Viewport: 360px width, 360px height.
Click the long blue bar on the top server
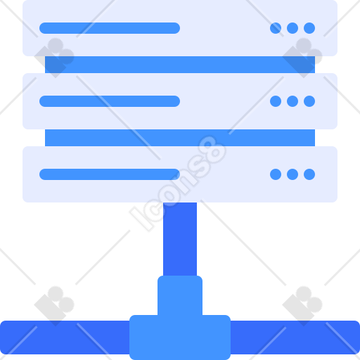pyautogui.click(x=110, y=28)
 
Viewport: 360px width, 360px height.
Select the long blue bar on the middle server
pyautogui.click(x=110, y=101)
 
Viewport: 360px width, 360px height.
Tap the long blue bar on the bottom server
pyautogui.click(x=110, y=174)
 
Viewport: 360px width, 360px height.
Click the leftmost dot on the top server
pyautogui.click(x=276, y=28)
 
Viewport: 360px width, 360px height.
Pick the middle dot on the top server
pyautogui.click(x=292, y=28)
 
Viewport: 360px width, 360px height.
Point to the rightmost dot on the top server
pyautogui.click(x=309, y=28)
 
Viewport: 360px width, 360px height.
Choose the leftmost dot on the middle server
pyautogui.click(x=276, y=101)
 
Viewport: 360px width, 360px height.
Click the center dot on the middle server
pyautogui.click(x=292, y=101)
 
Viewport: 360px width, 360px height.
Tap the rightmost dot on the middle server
pyautogui.click(x=309, y=101)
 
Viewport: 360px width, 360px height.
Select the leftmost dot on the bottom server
pyautogui.click(x=276, y=174)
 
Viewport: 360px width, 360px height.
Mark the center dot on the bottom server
pyautogui.click(x=292, y=174)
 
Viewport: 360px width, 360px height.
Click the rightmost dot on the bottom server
pyautogui.click(x=309, y=174)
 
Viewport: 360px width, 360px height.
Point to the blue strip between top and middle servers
pyautogui.click(x=180, y=65)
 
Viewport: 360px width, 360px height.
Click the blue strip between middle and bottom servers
pyautogui.click(x=180, y=138)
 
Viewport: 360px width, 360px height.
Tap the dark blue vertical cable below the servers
pyautogui.click(x=180, y=239)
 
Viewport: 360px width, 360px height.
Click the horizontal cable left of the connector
pyautogui.click(x=65, y=337)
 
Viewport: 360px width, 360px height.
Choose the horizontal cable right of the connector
pyautogui.click(x=295, y=337)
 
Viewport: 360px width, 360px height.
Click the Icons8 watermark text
pyautogui.click(x=178, y=184)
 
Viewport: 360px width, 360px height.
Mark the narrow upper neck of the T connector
pyautogui.click(x=180, y=295)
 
